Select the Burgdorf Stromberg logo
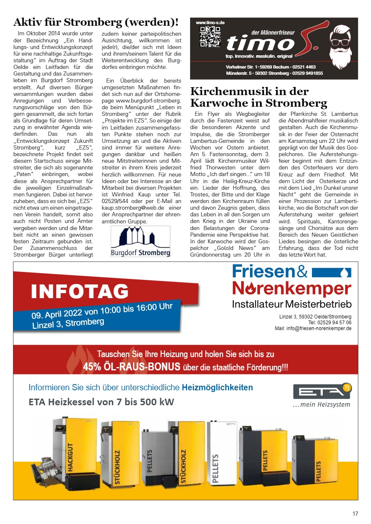click(140, 241)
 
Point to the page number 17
click(355, 514)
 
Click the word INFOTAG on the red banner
click(80, 291)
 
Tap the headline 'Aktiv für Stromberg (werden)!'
click(96, 22)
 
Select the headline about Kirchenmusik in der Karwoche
click(258, 97)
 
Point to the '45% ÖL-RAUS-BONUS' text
click(131, 367)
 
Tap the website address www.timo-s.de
click(210, 22)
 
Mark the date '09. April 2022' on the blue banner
click(57, 314)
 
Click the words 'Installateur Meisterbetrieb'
click(292, 304)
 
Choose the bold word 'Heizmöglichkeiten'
click(217, 388)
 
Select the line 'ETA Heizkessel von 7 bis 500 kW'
click(101, 402)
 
